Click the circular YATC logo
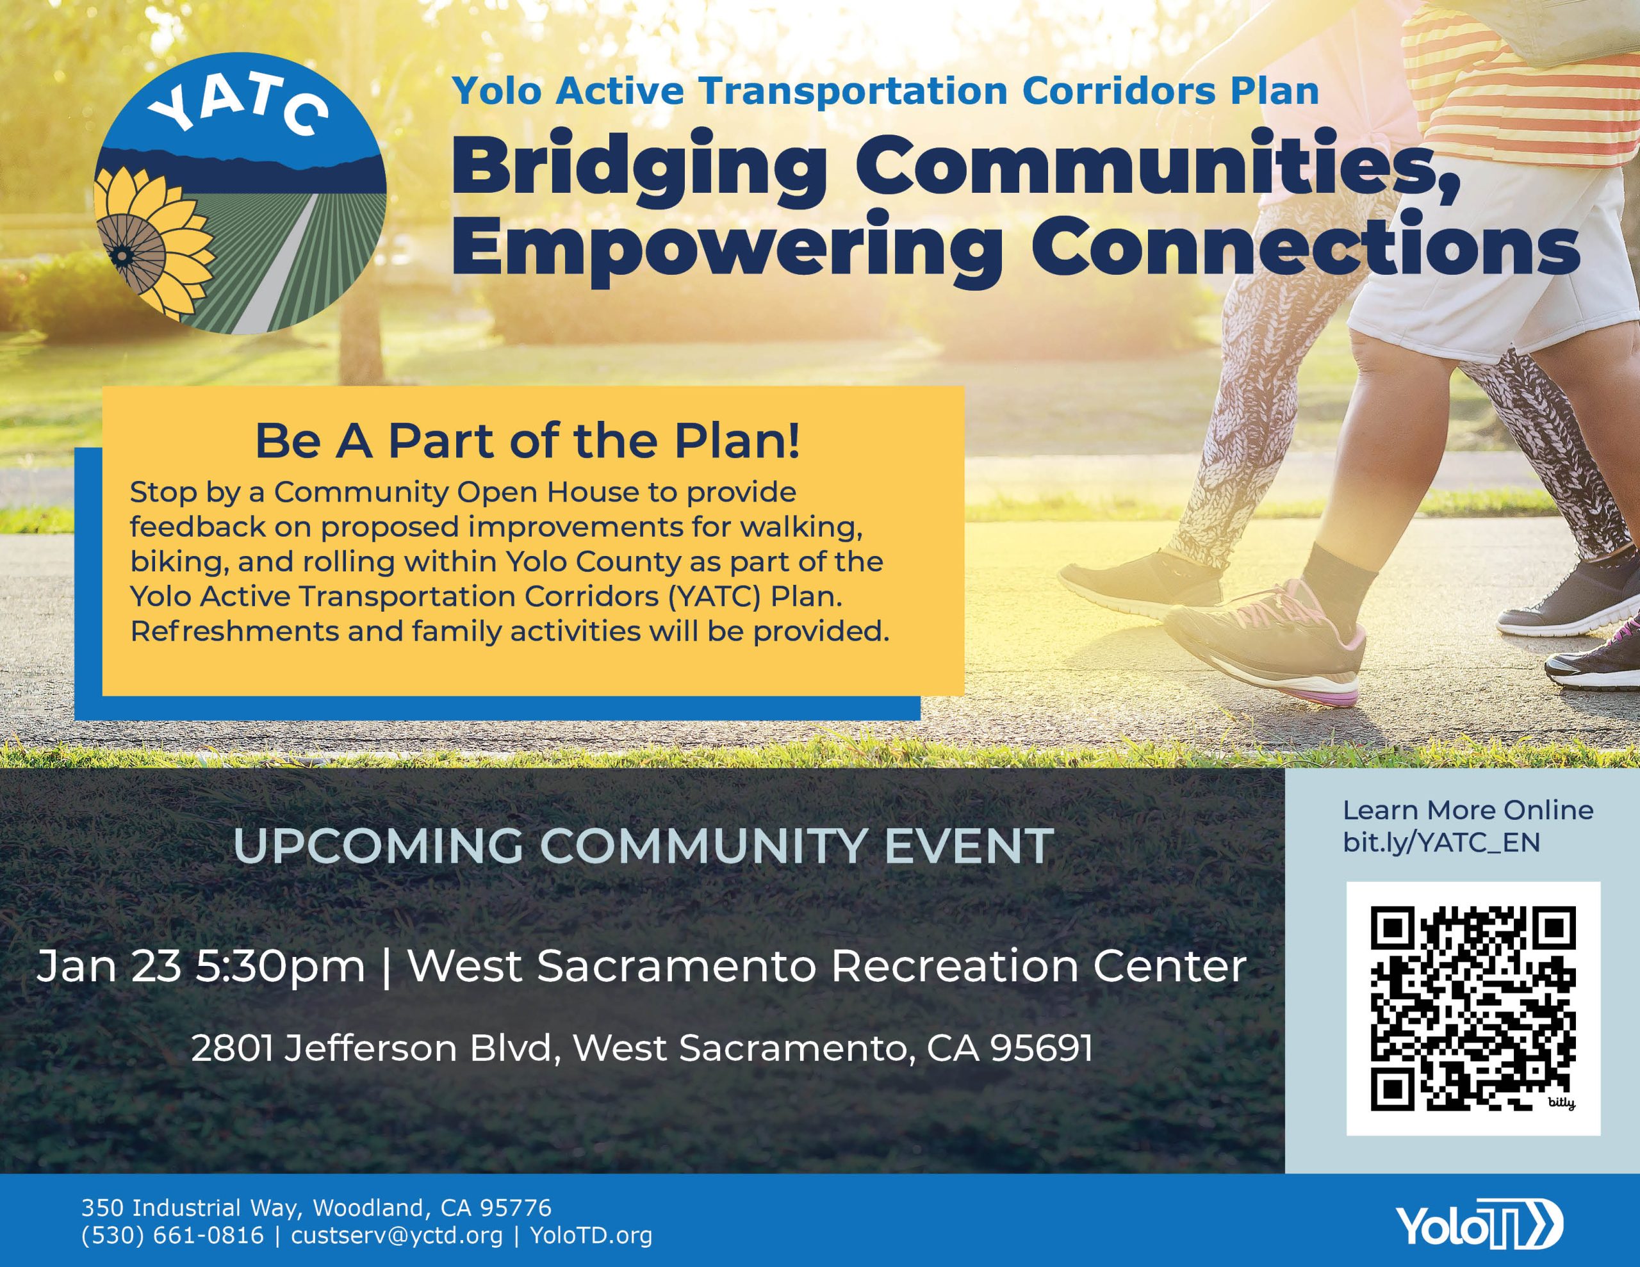[x=240, y=192]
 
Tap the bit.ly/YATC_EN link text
[x=1442, y=842]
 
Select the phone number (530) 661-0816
[x=173, y=1236]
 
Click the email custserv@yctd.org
[x=397, y=1236]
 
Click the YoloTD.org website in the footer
[x=590, y=1236]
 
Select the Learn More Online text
[x=1468, y=810]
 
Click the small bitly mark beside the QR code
[x=1561, y=1103]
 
